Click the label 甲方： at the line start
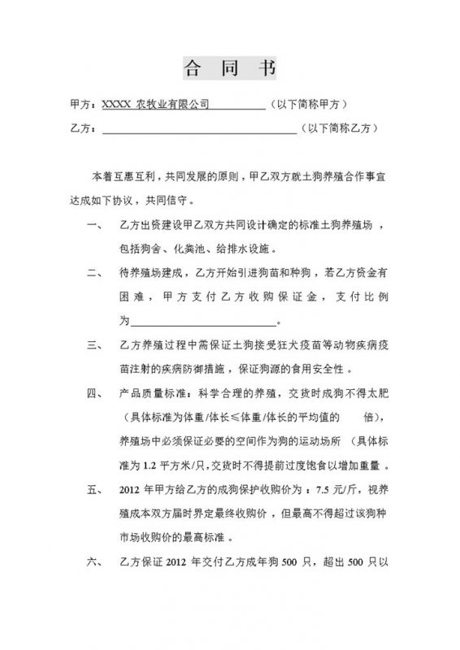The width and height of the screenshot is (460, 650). point(85,105)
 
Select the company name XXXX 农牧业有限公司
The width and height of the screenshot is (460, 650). point(154,105)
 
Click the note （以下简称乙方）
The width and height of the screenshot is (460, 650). point(338,128)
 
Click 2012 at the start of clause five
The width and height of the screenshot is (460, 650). point(132,491)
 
